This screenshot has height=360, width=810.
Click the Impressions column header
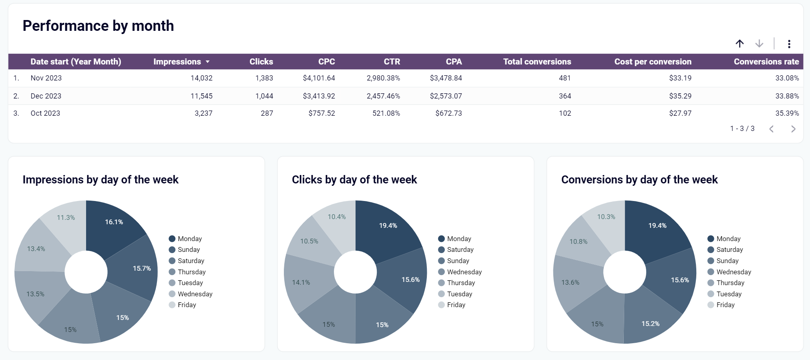coord(177,62)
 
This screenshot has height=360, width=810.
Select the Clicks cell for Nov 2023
coord(264,78)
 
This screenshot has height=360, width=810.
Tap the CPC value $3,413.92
coord(319,96)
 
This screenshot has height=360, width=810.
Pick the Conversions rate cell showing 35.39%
coord(787,113)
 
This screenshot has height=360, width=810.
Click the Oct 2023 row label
coord(45,113)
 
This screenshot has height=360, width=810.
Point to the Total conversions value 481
coord(565,78)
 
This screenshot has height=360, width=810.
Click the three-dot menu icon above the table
coord(789,44)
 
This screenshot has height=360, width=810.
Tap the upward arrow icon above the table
coord(740,44)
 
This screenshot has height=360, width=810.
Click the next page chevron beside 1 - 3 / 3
coord(793,129)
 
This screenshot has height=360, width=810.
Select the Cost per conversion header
coord(653,62)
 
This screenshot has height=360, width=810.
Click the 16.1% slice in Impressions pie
coord(114,222)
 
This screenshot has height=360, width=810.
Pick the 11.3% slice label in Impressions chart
coord(66,217)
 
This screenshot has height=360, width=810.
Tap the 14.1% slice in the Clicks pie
coord(301,282)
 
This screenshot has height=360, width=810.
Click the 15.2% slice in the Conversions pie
coord(650,324)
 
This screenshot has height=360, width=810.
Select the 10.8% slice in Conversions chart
coord(579,241)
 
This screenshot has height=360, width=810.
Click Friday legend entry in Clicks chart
coord(456,305)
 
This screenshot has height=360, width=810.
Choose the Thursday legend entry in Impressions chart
coord(191,272)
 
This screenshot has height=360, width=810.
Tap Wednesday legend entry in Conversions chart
coord(734,272)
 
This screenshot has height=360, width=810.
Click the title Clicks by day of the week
coord(354,179)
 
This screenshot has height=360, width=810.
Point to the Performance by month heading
coord(98,26)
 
